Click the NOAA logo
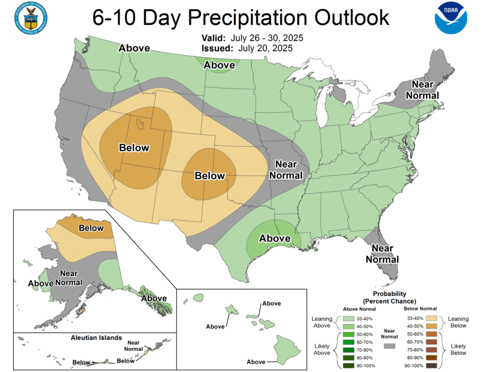[450, 18]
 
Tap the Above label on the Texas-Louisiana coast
[275, 238]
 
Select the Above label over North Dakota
[219, 65]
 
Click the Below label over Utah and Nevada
[134, 148]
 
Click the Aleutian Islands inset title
[96, 338]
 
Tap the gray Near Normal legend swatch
[389, 346]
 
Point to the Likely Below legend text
[458, 349]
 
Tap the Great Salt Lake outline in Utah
[140, 124]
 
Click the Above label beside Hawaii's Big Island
[256, 362]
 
